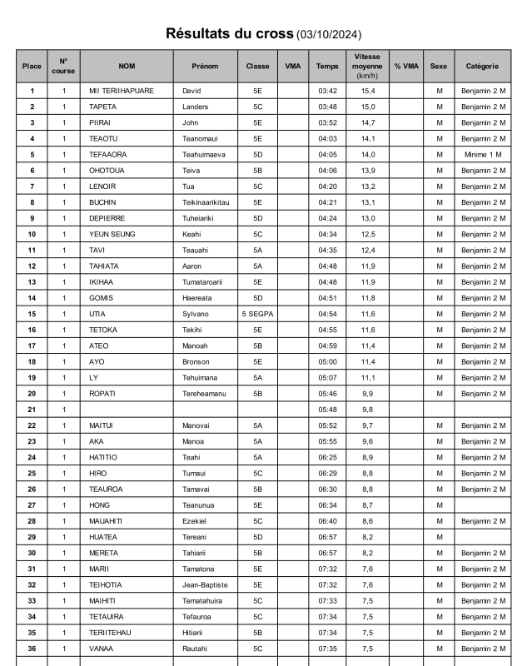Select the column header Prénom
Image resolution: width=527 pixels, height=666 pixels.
[205, 66]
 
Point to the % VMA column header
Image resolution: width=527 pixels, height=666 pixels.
[406, 66]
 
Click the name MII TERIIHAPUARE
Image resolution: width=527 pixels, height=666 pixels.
[122, 91]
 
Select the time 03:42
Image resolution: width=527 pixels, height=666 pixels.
[327, 91]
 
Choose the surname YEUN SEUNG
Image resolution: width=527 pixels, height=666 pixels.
[112, 234]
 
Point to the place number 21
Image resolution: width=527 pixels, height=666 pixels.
[32, 410]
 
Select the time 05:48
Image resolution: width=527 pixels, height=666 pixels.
[327, 410]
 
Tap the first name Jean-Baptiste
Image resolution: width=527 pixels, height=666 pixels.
[205, 584]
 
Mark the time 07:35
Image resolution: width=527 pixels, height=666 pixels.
[327, 649]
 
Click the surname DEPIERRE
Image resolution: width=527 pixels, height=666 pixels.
[108, 218]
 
